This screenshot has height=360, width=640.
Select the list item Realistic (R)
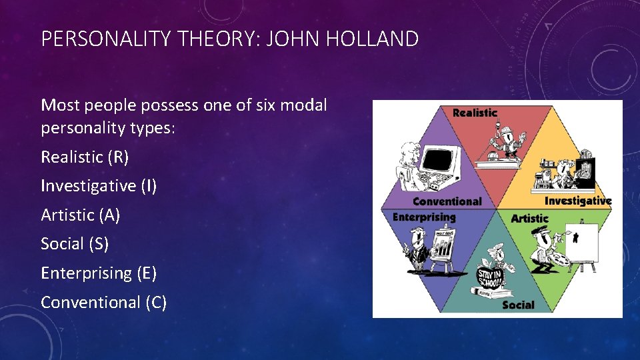coord(85,157)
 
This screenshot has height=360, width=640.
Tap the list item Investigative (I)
coord(99,186)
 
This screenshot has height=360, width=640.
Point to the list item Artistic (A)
coord(81,215)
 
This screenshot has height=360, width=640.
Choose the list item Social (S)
coord(75,244)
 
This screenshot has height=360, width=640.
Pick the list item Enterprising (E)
coord(99,273)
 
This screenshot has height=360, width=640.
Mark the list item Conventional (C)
coord(103,302)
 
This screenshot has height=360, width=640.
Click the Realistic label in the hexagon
coord(475,113)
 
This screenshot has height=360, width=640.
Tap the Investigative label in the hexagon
coord(578,200)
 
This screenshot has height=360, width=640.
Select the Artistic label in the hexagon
coord(529,218)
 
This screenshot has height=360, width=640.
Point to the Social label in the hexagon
coord(518,305)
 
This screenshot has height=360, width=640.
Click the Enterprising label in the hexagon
coord(424,217)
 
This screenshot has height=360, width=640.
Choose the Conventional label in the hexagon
coord(447,201)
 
